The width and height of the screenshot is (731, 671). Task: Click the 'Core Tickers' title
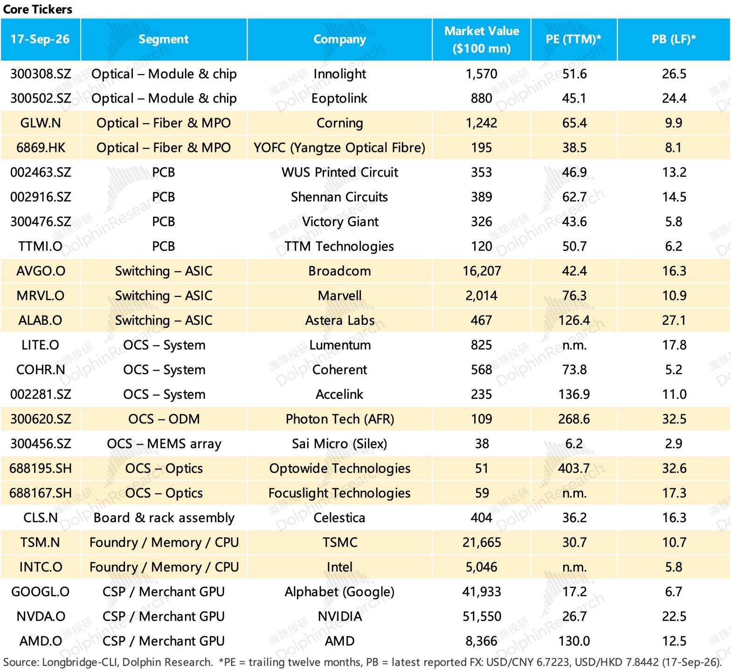(38, 9)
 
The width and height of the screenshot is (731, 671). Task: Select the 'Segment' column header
(164, 39)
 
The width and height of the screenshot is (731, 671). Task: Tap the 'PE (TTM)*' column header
(573, 39)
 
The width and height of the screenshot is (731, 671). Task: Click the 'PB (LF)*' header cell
(674, 39)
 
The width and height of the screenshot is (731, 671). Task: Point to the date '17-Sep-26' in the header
(40, 39)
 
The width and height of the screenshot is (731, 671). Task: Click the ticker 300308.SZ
(41, 74)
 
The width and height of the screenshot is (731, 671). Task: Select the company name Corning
(340, 123)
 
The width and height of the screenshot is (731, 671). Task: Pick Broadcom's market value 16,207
(482, 271)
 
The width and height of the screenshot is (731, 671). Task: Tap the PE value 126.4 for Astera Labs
(574, 320)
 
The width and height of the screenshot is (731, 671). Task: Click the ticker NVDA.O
(41, 616)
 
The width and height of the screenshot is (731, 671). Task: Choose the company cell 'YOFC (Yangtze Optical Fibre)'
(339, 148)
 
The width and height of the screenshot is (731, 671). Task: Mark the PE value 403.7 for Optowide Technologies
(574, 468)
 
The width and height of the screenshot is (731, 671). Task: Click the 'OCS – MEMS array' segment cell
(164, 444)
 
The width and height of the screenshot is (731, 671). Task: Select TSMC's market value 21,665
(482, 542)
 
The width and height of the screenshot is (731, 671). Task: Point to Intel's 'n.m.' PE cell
(574, 568)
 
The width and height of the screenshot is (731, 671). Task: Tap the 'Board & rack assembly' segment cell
(164, 518)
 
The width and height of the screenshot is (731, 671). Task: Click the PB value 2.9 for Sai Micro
(674, 444)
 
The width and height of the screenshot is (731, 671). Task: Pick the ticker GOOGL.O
(41, 592)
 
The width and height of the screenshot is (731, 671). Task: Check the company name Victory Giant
(340, 222)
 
